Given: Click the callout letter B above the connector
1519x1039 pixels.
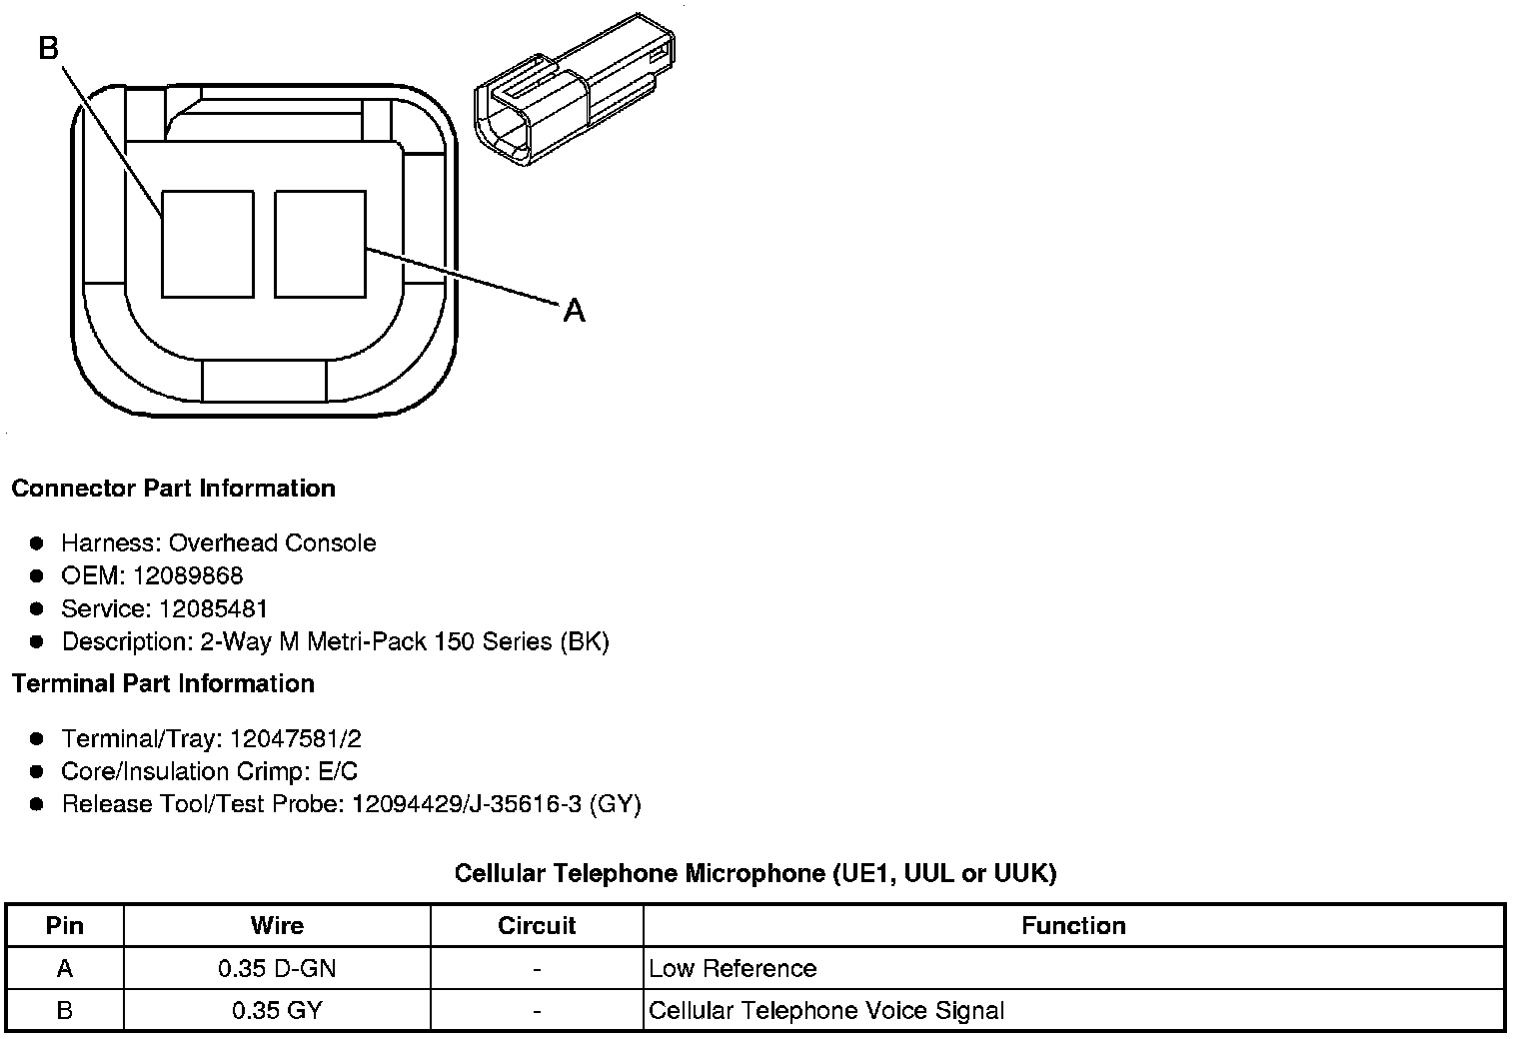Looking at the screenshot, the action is tap(49, 48).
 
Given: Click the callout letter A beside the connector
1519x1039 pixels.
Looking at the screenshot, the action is tap(574, 311).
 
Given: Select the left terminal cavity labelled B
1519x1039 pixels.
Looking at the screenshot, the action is tap(208, 244).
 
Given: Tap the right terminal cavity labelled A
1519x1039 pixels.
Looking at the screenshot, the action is tap(320, 244).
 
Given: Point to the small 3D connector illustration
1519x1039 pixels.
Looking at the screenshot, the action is tap(575, 89).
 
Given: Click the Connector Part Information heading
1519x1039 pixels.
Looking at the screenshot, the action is tap(174, 488).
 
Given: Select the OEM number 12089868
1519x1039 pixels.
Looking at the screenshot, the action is tap(187, 575).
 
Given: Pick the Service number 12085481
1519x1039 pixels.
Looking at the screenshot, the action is tap(212, 608).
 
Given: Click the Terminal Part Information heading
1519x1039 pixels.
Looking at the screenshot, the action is tap(163, 683).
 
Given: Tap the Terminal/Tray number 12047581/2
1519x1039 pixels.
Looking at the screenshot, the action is tap(296, 738).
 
